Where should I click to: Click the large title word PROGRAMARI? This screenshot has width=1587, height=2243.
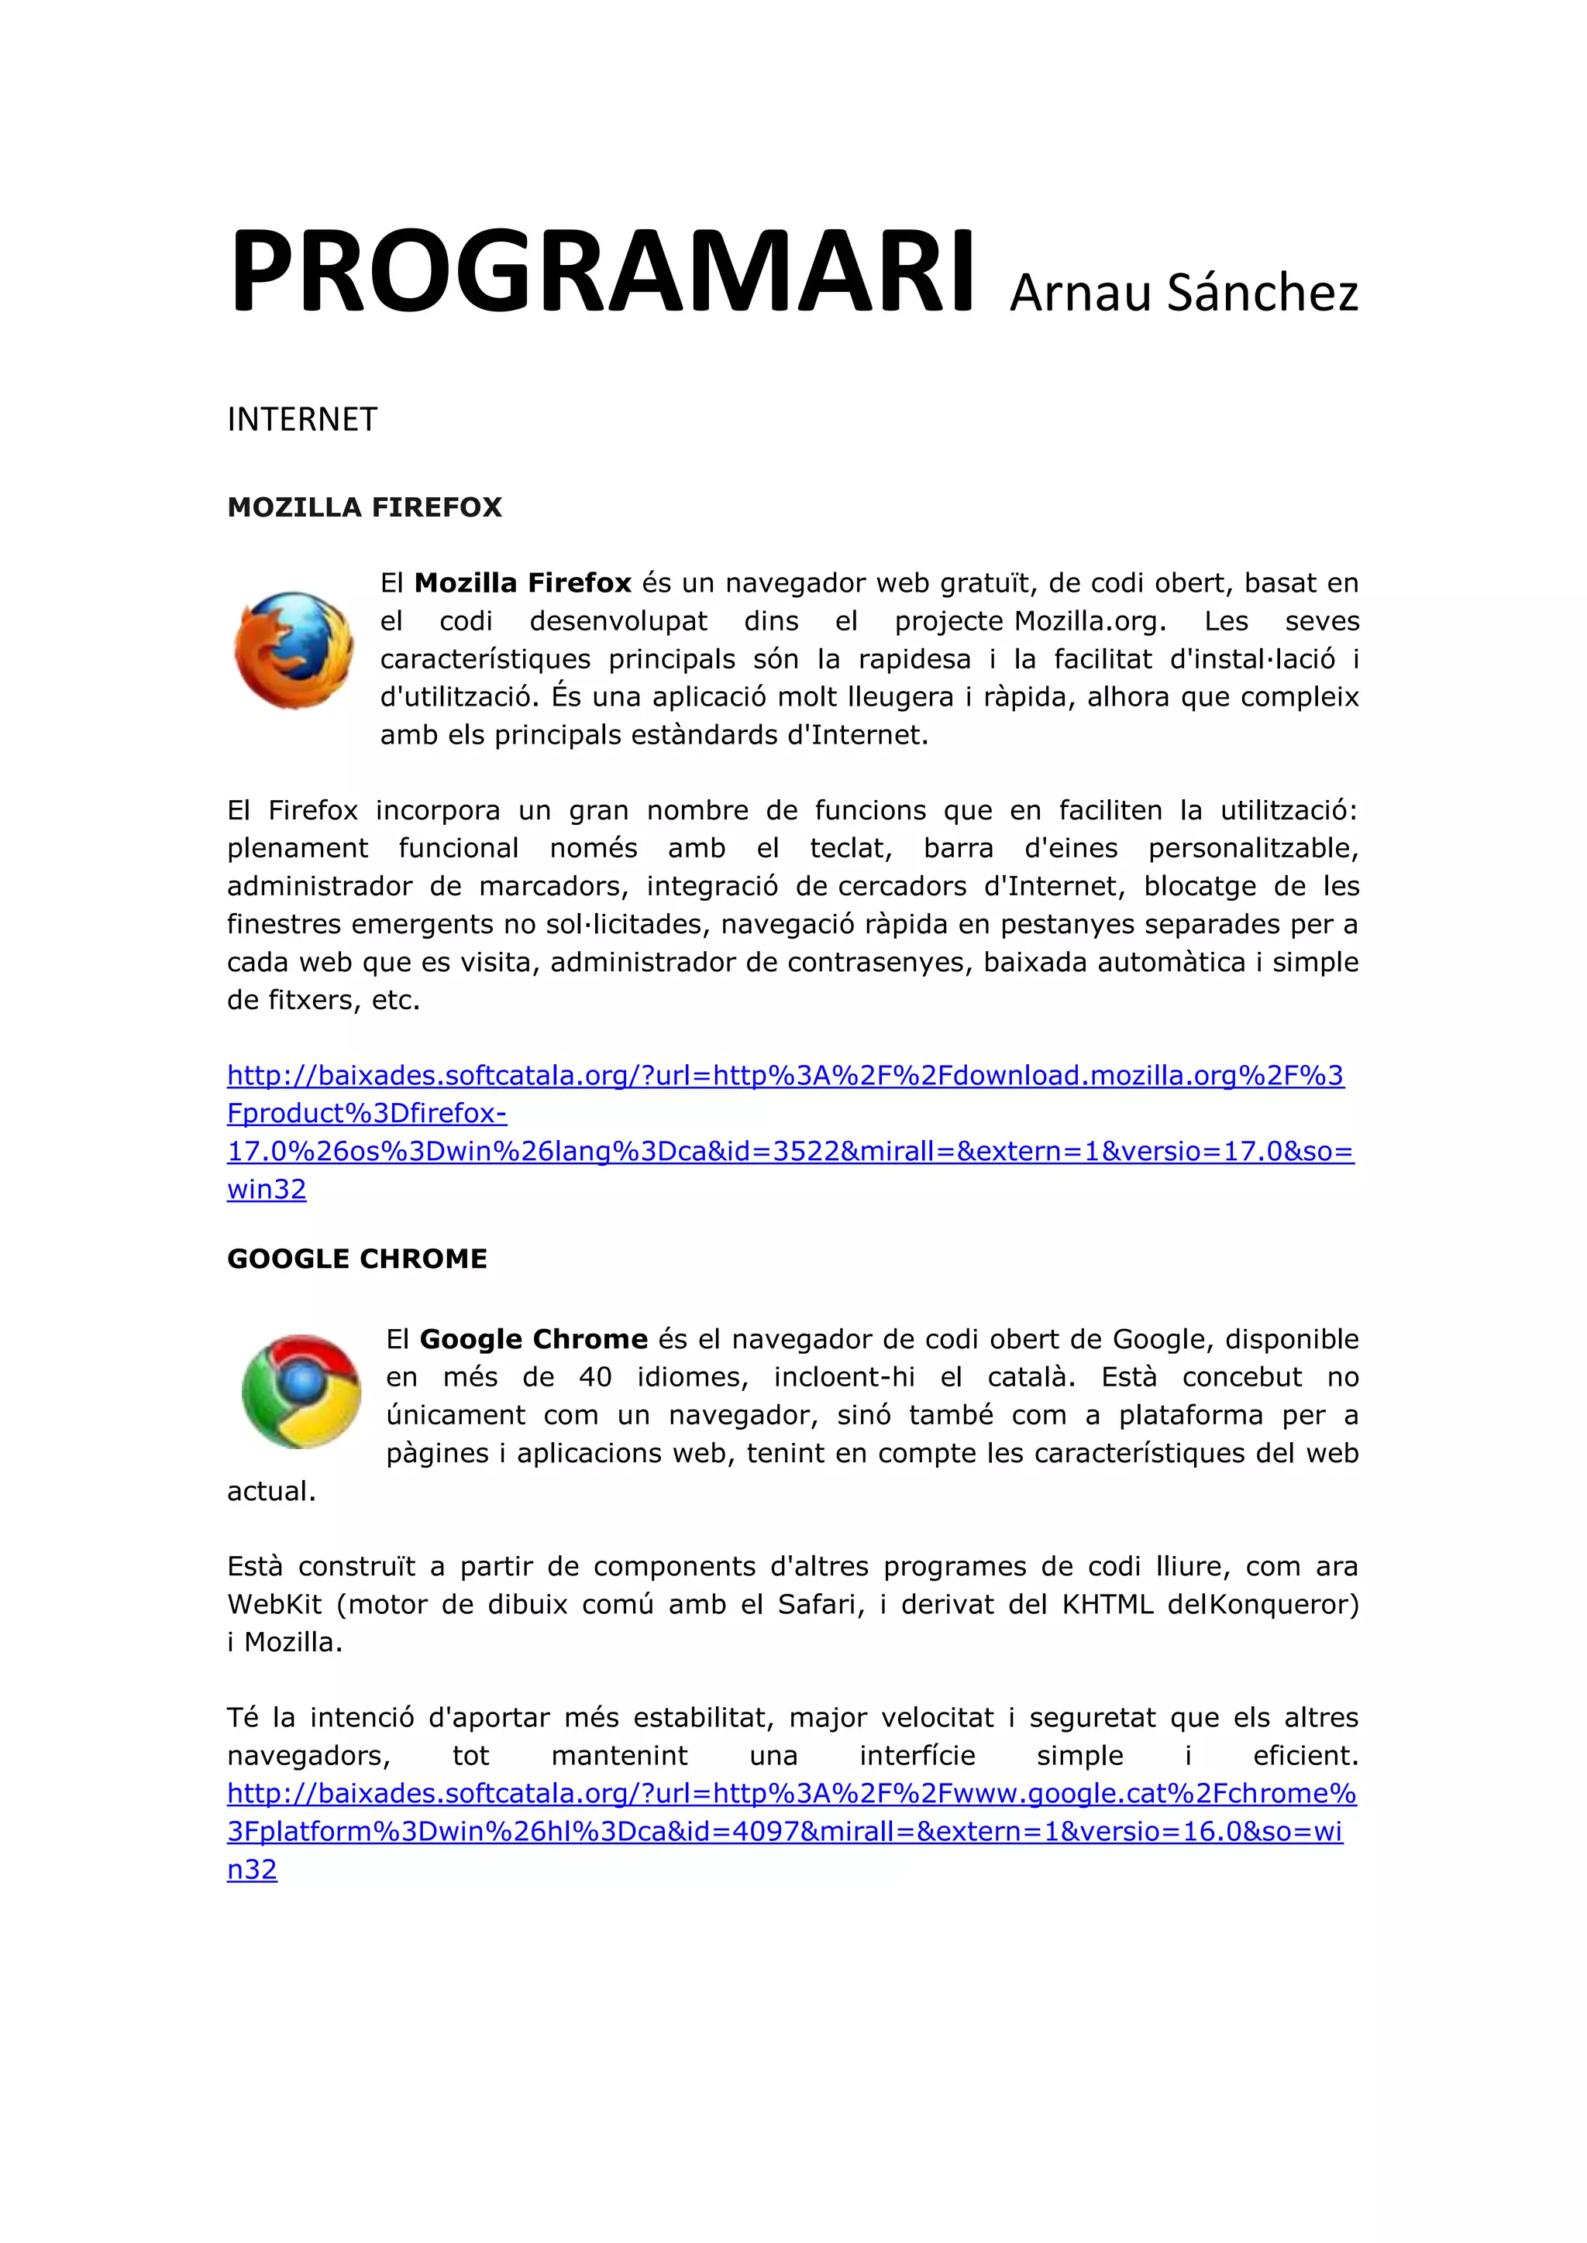click(601, 273)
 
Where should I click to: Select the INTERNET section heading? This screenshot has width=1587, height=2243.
click(302, 420)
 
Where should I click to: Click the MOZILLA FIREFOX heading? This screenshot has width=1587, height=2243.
click(364, 507)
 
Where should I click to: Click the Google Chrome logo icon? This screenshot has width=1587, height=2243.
click(301, 1391)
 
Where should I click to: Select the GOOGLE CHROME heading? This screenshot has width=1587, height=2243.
click(356, 1259)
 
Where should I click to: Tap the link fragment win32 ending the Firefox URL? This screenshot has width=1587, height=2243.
click(267, 1189)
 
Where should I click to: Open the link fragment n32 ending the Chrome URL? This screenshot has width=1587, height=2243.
click(252, 1869)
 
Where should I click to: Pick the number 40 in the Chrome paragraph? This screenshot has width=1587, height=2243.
click(595, 1377)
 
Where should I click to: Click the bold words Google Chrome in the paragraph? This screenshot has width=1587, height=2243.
click(534, 1339)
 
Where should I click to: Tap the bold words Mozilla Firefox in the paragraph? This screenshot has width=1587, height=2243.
click(523, 583)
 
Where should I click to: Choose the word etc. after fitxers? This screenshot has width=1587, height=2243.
click(396, 1001)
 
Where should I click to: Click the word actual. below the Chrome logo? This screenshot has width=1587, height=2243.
click(272, 1491)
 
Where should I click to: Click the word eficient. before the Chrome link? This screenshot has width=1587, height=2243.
click(1306, 1756)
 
